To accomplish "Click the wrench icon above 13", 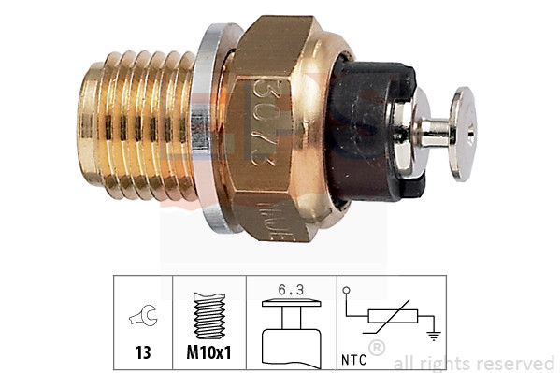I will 146,318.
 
